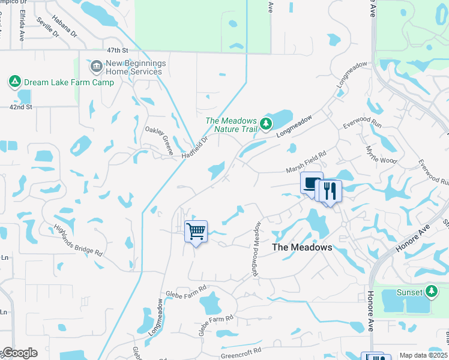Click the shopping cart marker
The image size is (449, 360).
(x=196, y=231)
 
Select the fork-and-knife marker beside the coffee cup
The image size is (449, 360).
(x=330, y=191)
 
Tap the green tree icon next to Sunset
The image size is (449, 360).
(x=431, y=292)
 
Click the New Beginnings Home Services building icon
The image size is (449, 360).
(x=96, y=64)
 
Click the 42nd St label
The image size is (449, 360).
(x=20, y=107)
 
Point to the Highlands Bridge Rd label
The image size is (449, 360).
(x=79, y=239)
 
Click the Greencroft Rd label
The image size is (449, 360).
(x=241, y=350)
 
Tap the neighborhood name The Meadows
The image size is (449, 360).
(x=302, y=247)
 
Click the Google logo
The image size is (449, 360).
(x=19, y=353)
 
